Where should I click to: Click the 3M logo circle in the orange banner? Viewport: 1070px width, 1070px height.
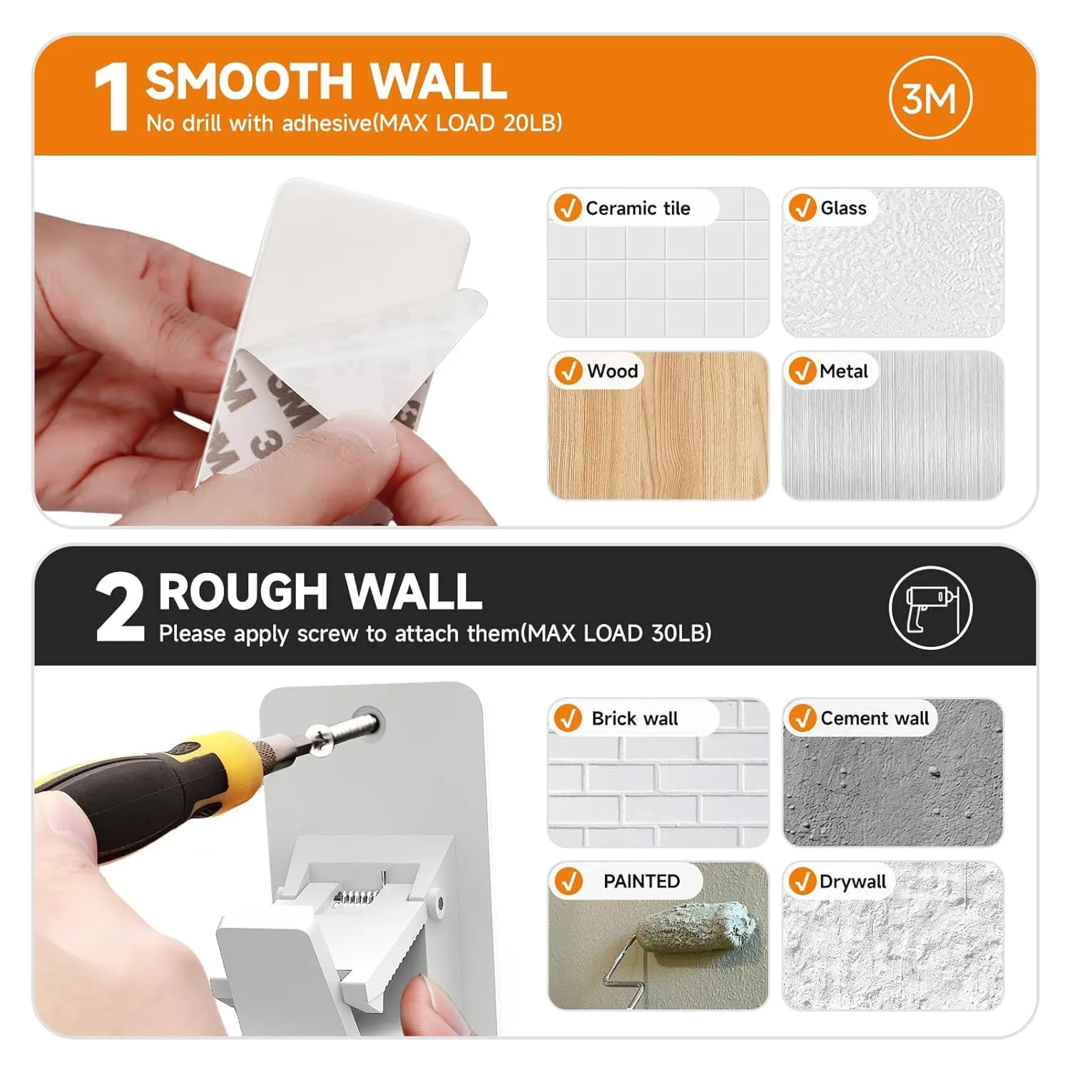pos(930,98)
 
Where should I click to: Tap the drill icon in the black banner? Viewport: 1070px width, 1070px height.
pos(930,608)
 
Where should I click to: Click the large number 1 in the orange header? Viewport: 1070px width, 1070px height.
pos(112,98)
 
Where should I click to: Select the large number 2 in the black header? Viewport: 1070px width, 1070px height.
pos(118,608)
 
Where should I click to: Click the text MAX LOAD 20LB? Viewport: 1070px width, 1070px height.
pos(469,123)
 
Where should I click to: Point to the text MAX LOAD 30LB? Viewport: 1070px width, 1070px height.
pos(618,633)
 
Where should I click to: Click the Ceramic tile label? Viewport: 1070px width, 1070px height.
pos(637,208)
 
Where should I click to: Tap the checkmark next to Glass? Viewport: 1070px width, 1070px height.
pos(802,208)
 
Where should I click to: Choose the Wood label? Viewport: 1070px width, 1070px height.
pos(612,371)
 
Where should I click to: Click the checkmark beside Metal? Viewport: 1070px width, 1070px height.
pos(802,371)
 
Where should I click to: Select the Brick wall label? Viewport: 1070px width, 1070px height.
pos(634,718)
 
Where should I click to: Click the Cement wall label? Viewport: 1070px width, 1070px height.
pos(875,718)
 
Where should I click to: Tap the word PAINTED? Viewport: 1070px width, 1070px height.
pos(641,881)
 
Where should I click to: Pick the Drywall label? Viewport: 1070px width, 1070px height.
pos(852,882)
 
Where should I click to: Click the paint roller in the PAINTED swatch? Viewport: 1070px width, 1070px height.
pos(695,925)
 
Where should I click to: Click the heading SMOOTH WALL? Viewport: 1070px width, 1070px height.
pos(326,82)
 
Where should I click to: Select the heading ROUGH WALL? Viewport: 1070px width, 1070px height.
pos(320,592)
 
